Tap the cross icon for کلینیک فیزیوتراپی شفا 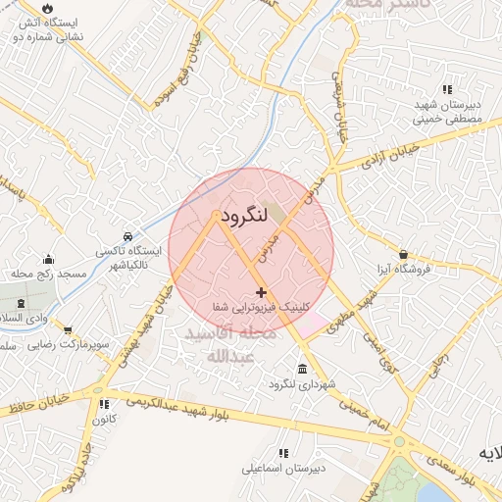coord(261,292)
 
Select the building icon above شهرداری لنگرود coord(300,369)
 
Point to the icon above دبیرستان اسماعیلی coord(283,453)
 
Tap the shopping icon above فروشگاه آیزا coord(402,253)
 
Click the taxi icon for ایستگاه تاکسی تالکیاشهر coord(128,237)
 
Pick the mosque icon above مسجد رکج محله coord(48,259)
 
